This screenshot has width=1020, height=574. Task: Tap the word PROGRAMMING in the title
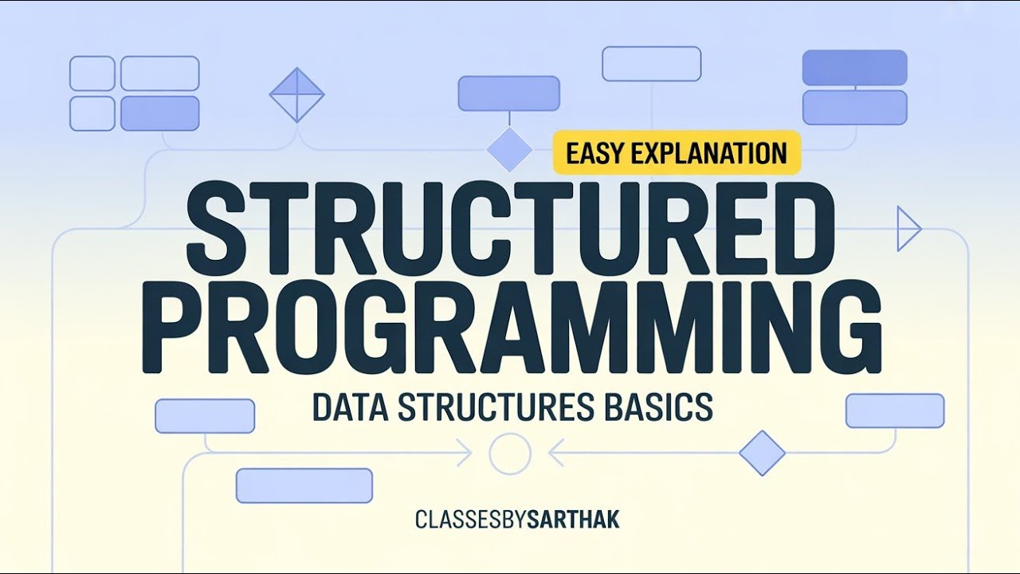[x=510, y=327]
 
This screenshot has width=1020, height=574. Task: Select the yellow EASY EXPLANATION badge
[x=677, y=152]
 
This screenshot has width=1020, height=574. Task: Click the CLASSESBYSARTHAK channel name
[x=517, y=521]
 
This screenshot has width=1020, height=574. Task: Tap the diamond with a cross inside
[x=296, y=94]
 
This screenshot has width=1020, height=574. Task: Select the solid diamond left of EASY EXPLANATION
[x=509, y=148]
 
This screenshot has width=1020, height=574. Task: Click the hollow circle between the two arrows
[x=510, y=454]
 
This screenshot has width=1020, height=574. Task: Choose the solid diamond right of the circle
[x=762, y=453]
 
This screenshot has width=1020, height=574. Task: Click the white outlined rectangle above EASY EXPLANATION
[x=651, y=64]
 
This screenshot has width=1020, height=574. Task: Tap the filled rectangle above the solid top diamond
[x=508, y=93]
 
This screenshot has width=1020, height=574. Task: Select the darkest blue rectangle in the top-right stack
[x=854, y=68]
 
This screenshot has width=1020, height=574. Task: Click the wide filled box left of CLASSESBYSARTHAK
[x=304, y=486]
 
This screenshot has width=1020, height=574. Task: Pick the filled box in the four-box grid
[x=159, y=113]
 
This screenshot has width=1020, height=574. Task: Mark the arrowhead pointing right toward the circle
[x=464, y=454]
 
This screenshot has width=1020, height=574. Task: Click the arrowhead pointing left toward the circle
[x=556, y=454]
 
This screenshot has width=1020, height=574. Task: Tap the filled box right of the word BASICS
[x=894, y=411]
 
